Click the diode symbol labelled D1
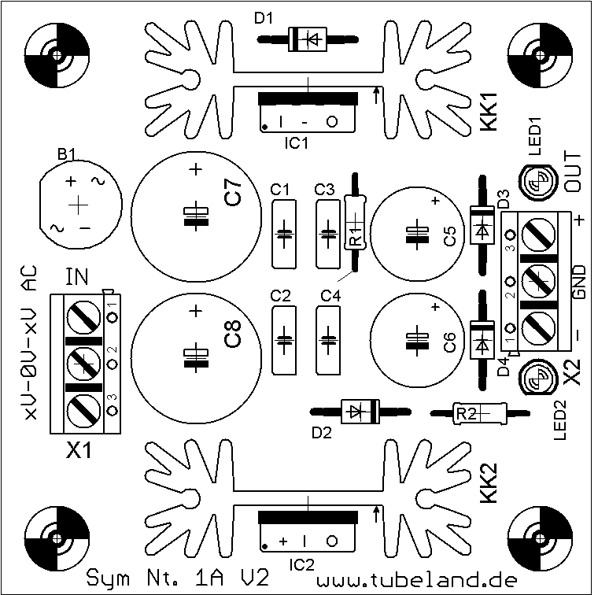pyautogui.click(x=308, y=39)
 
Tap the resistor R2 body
pyautogui.click(x=480, y=413)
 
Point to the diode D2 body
pyautogui.click(x=360, y=412)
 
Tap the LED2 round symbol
pyautogui.click(x=537, y=378)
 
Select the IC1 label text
pyautogui.click(x=297, y=143)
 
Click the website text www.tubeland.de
pyautogui.click(x=417, y=580)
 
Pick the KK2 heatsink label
pyautogui.click(x=489, y=482)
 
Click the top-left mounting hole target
pyautogui.click(x=57, y=55)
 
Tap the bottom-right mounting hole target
pyautogui.click(x=540, y=538)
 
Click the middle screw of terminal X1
pyautogui.click(x=84, y=364)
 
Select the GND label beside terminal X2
pyautogui.click(x=579, y=282)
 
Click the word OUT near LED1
pyautogui.click(x=572, y=172)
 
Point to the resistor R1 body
pyautogui.click(x=355, y=222)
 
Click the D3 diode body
pyautogui.click(x=482, y=225)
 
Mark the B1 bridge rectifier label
pyautogui.click(x=67, y=154)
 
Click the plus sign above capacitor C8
pyautogui.click(x=196, y=312)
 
